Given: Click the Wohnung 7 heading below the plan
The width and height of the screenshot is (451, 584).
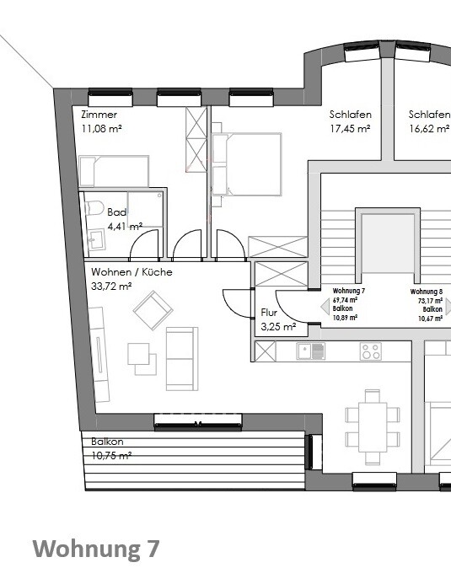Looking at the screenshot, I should click(95, 549).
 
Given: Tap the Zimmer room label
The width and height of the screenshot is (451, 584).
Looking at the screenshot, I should click(99, 115).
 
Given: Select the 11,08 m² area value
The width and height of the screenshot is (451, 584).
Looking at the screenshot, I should click(103, 129).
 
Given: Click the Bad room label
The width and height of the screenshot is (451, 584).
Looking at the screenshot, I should click(115, 212).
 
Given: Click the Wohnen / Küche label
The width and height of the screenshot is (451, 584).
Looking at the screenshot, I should click(132, 272).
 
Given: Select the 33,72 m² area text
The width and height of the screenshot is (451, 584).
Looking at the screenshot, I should click(112, 287).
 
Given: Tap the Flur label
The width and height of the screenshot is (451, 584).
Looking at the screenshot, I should click(269, 312).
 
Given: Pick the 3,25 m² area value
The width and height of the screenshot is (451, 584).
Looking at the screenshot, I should click(278, 326).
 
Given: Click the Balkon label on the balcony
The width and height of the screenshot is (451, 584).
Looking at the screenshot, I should click(107, 442).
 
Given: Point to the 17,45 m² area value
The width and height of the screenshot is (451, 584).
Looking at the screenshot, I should click(350, 129).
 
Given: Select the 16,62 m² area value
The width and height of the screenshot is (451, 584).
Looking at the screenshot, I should click(429, 129).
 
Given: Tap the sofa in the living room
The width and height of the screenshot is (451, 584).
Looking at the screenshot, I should click(181, 358).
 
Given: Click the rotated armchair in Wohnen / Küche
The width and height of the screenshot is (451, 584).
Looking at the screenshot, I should click(152, 311).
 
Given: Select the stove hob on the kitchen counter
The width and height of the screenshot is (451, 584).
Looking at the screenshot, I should click(370, 351).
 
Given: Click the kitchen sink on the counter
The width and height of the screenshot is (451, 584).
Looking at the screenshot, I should click(311, 351).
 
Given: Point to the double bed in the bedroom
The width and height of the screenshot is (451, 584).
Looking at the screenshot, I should click(245, 163).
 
